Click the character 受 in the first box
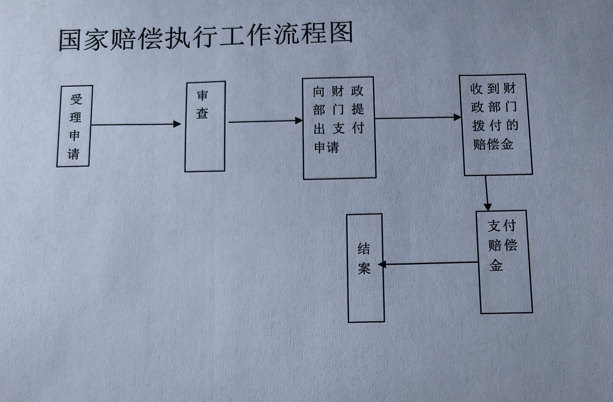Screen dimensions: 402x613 click(76, 99)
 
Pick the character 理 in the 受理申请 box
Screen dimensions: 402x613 click(75, 118)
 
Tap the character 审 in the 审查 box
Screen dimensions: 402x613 click(203, 95)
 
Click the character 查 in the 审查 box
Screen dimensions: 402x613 click(203, 113)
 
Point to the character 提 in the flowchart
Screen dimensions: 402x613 click(358, 109)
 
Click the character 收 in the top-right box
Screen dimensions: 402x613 click(476, 89)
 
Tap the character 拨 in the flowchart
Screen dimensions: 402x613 click(479, 126)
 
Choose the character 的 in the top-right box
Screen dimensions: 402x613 click(512, 125)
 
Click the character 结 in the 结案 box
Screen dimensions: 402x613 click(364, 249)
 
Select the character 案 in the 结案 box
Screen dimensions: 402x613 click(364, 268)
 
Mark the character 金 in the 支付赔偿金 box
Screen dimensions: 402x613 click(496, 265)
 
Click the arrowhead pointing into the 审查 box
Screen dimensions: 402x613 click(177, 124)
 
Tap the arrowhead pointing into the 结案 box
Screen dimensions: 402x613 click(382, 264)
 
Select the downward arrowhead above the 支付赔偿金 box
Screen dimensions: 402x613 click(488, 207)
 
